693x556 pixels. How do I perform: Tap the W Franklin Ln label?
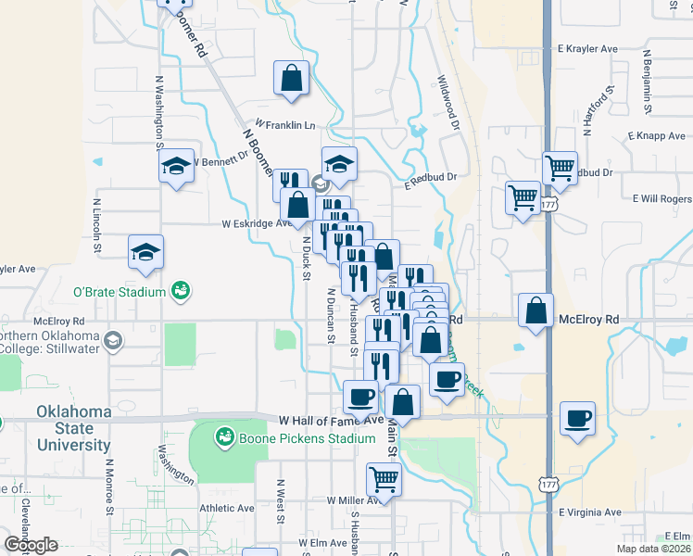click(284, 125)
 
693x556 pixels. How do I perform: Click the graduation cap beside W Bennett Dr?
click(176, 167)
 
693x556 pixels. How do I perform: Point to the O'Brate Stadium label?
click(120, 293)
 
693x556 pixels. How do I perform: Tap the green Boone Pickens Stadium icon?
click(224, 436)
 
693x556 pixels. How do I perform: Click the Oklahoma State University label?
click(73, 428)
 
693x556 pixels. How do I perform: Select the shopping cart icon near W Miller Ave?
click(384, 479)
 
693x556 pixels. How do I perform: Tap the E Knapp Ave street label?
click(655, 136)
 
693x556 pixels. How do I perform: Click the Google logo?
click(31, 545)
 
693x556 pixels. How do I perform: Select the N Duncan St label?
click(330, 314)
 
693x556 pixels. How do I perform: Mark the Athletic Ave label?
click(226, 509)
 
